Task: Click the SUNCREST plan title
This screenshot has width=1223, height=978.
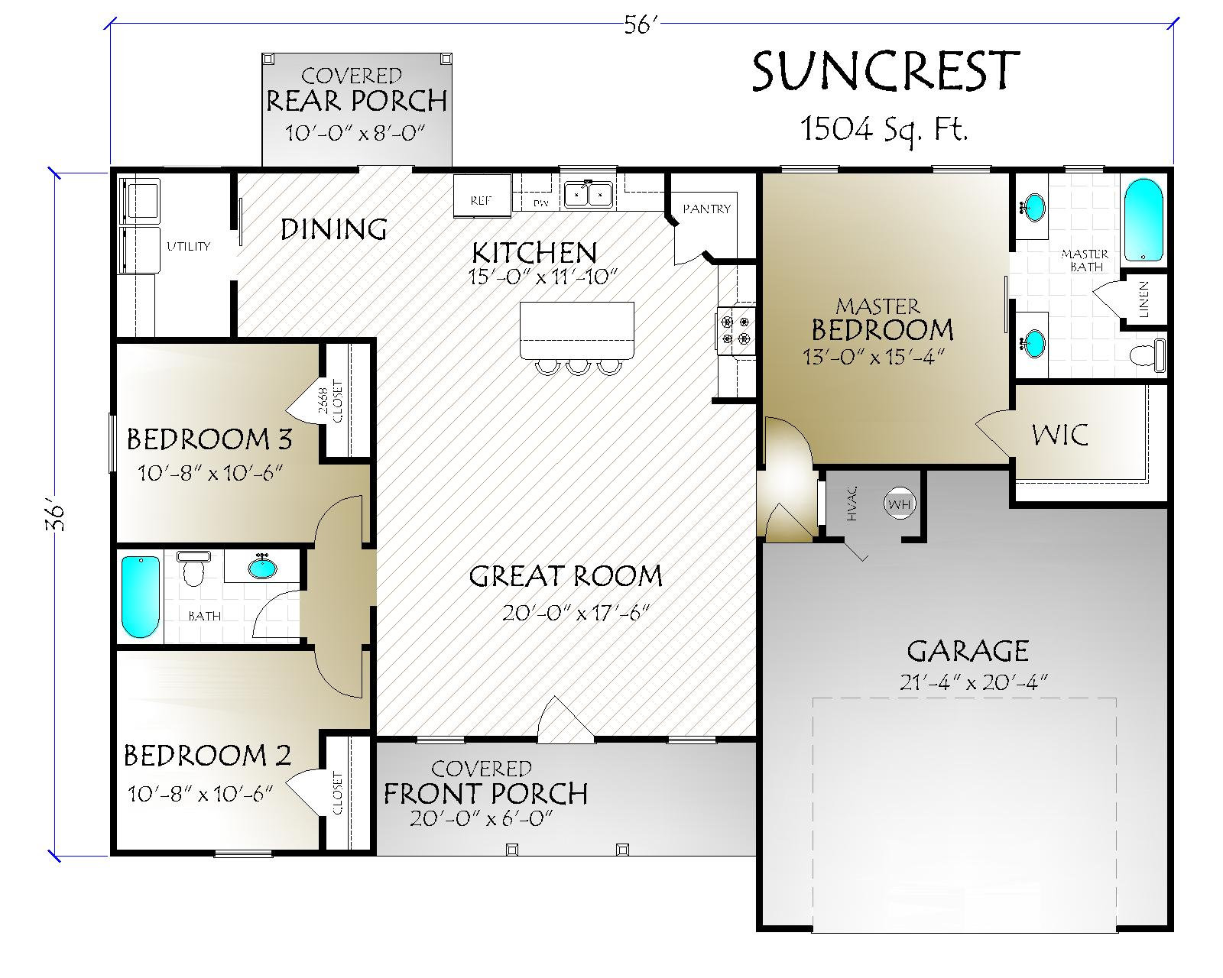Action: (x=885, y=72)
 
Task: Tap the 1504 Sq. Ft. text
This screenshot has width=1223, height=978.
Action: (x=884, y=130)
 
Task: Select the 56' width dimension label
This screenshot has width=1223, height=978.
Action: (x=641, y=26)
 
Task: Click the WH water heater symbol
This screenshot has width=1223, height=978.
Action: (x=899, y=504)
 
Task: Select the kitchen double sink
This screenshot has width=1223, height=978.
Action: (x=589, y=195)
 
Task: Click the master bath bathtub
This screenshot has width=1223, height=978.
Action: (x=1143, y=220)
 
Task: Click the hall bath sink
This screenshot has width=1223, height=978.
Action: (x=263, y=568)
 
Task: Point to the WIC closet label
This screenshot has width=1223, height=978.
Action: (x=1059, y=435)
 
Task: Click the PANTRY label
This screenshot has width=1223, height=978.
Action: (x=706, y=209)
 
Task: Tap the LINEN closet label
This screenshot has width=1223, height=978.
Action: (x=1144, y=300)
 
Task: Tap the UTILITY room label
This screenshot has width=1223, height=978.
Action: (x=188, y=247)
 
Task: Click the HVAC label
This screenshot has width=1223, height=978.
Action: (x=852, y=504)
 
